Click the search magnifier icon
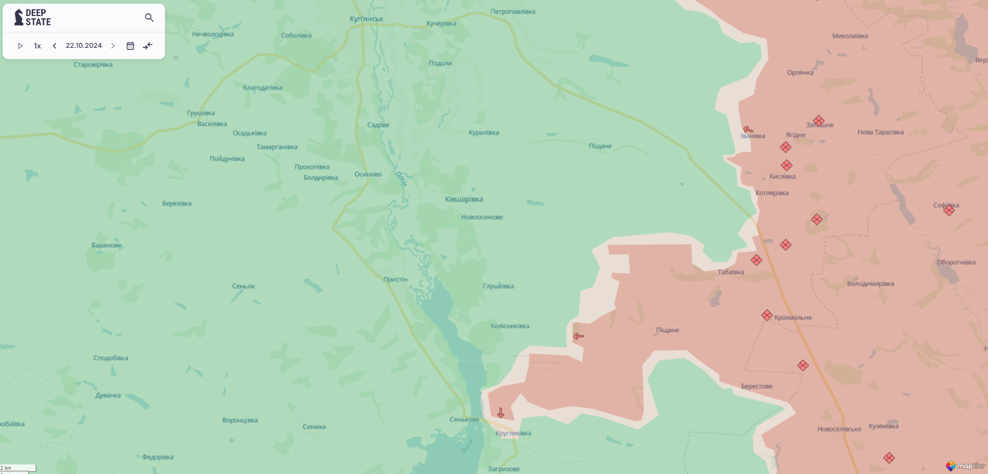point(149,18)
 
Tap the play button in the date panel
point(20,46)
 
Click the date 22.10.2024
point(84,46)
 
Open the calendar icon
point(130,46)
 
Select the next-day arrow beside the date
point(113,46)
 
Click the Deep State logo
point(33,18)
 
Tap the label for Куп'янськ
point(366,19)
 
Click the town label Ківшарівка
point(464,199)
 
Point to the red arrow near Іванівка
point(748,129)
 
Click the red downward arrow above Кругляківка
point(500,412)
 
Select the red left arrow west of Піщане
point(579,336)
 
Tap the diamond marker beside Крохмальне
point(767,315)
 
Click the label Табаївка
point(731,272)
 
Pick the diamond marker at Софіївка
point(949,210)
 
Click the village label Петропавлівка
point(513,11)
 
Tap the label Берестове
point(756,386)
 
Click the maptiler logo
point(965,466)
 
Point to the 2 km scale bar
point(18,468)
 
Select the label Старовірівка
point(93,64)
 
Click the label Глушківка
point(498,286)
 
